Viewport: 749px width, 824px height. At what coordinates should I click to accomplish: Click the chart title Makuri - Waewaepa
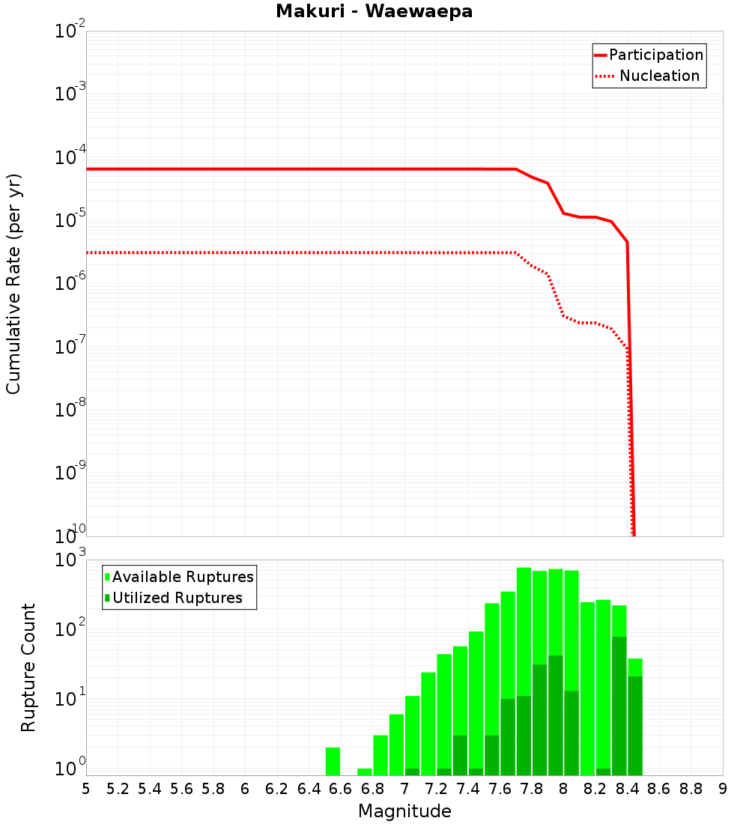pos(374,12)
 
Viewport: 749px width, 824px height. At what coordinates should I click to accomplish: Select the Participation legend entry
pos(655,55)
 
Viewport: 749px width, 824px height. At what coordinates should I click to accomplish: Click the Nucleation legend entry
pos(659,76)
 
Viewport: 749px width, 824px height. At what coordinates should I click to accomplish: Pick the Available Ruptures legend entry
pos(183,577)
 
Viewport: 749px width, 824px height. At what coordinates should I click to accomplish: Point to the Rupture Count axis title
pos(28,667)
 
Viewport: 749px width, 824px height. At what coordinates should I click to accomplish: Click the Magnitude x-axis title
pos(404,811)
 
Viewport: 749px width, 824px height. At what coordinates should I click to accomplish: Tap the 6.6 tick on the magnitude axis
pos(341,789)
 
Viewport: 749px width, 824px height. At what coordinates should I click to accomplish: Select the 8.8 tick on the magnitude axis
pos(691,789)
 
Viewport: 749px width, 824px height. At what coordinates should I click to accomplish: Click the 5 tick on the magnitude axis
pos(86,789)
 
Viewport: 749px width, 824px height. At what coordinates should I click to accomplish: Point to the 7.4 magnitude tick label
pos(468,789)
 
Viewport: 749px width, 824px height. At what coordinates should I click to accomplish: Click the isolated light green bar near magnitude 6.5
pos(333,761)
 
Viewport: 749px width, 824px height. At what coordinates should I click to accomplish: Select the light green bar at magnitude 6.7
pos(365,772)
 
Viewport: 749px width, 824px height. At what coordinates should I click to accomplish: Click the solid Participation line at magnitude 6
pos(245,169)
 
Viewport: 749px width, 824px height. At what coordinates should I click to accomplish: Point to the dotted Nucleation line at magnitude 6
pos(245,252)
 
